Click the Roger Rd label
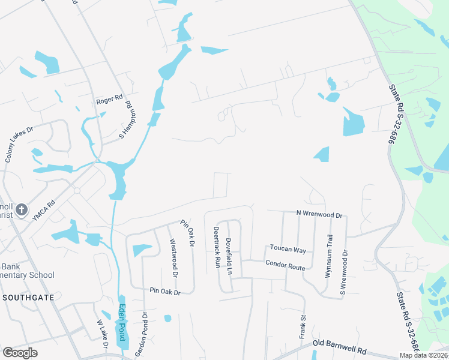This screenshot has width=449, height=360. (109, 101)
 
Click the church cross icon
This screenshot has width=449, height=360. (22, 210)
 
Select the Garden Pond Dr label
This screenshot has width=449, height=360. (141, 334)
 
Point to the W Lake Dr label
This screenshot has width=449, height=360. (102, 333)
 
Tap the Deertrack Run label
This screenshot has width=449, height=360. (216, 247)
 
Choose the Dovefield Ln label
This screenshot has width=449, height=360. (229, 256)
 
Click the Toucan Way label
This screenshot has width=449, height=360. (288, 249)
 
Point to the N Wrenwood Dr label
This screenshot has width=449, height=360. (319, 214)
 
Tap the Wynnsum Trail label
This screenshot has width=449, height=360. (329, 256)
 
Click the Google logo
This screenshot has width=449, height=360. (20, 352)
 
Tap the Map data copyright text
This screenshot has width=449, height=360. (423, 355)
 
